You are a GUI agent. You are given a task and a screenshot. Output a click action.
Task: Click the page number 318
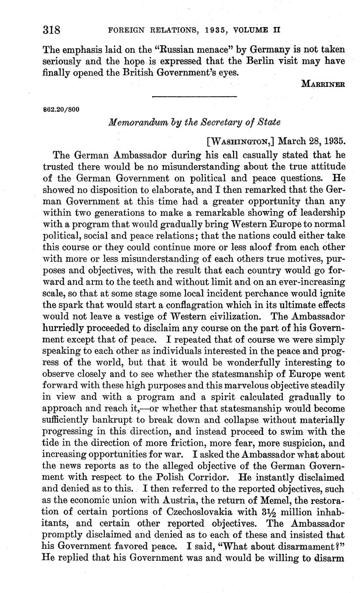coord(51,31)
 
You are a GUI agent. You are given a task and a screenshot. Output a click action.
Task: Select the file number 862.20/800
coord(61,110)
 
